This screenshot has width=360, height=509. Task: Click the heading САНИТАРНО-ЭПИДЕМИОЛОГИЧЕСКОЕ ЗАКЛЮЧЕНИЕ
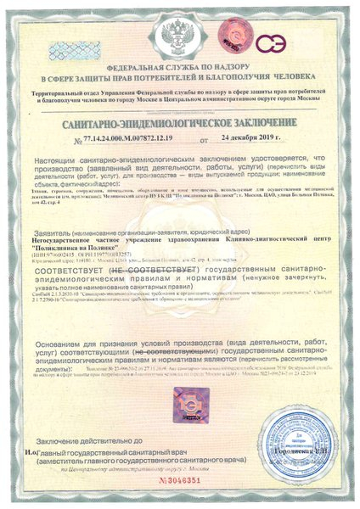tap(179, 122)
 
